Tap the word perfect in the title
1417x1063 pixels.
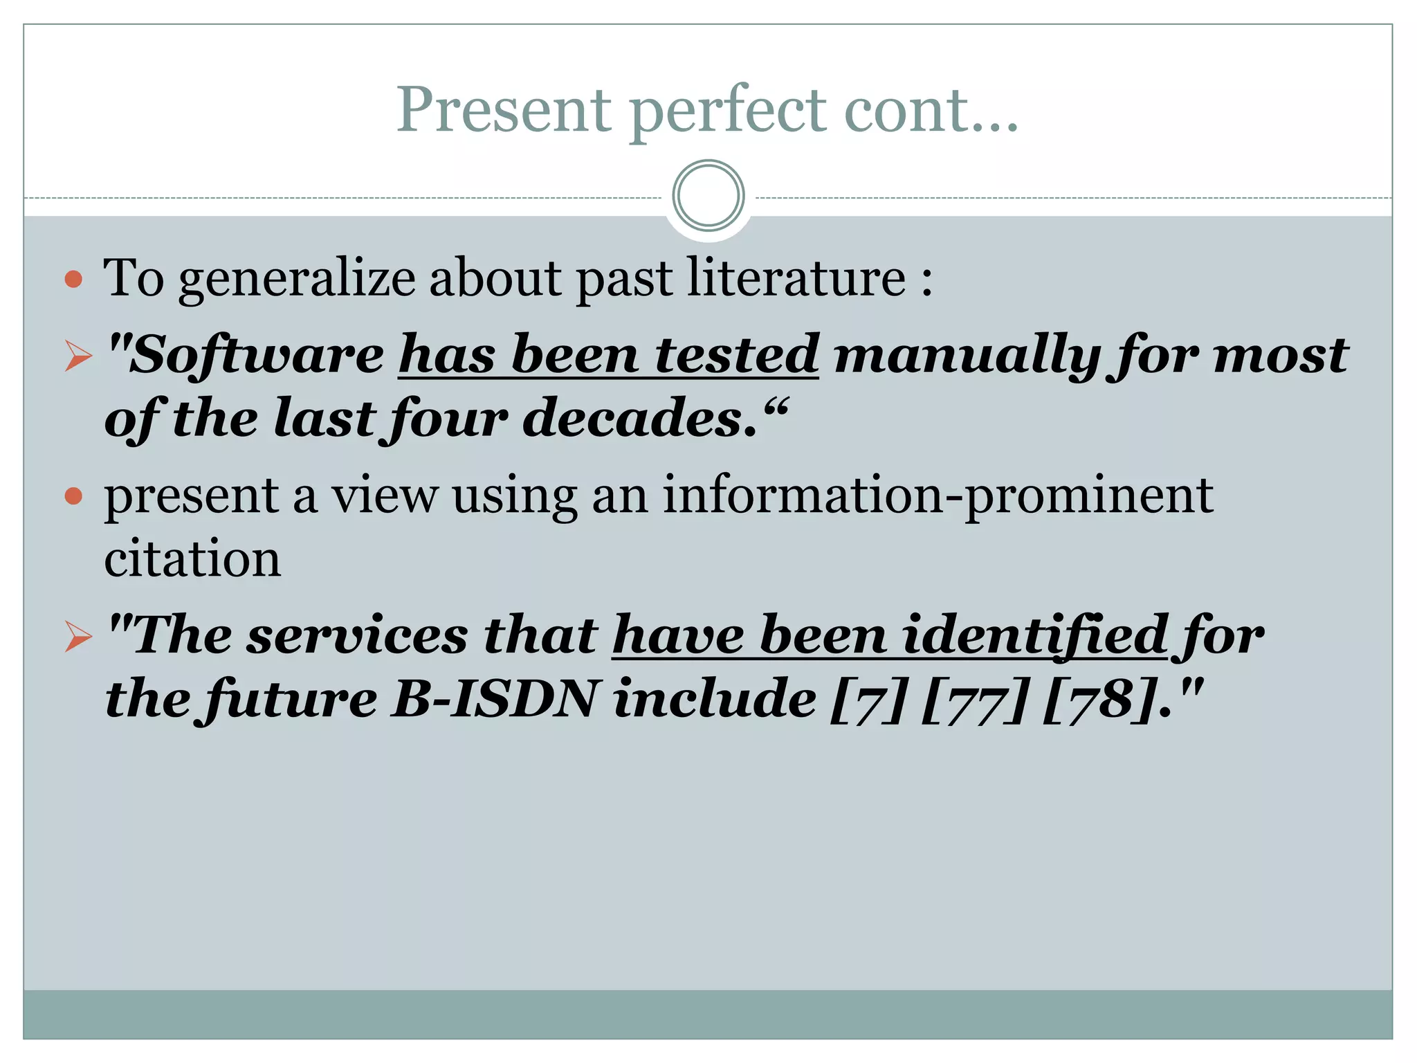[x=727, y=111]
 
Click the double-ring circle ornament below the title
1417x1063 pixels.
[x=708, y=196]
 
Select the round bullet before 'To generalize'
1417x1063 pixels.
[x=73, y=280]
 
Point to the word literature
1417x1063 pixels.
[x=796, y=278]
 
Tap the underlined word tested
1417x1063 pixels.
[x=736, y=354]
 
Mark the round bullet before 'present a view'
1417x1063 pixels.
[x=73, y=496]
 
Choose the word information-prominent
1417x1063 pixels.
[x=937, y=496]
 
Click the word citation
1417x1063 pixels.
[x=192, y=558]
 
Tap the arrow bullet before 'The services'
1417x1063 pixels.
[x=78, y=636]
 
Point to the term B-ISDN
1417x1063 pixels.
[x=493, y=699]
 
